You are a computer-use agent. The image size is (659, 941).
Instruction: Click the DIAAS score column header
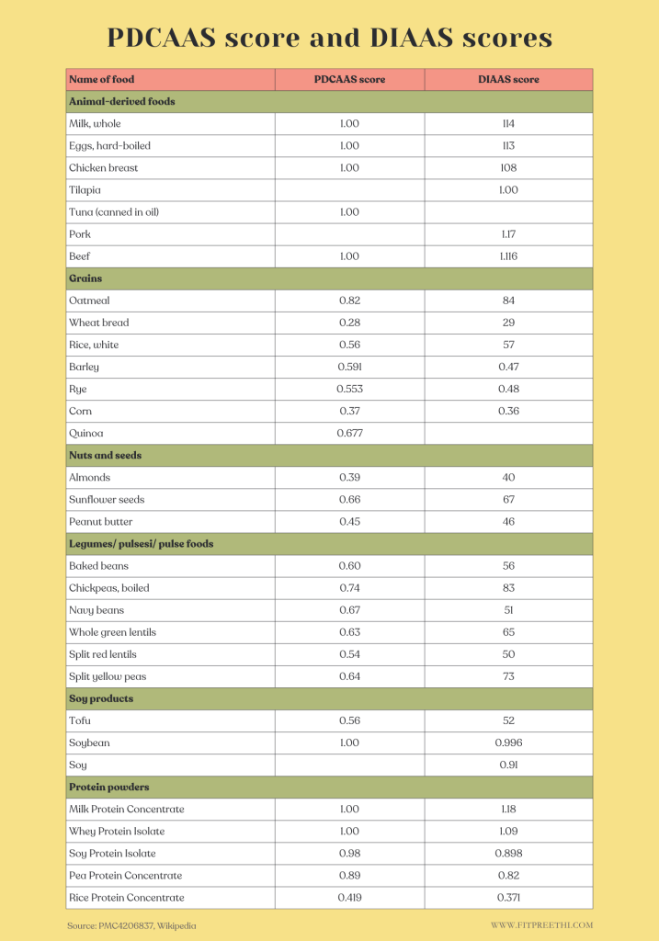[x=508, y=80]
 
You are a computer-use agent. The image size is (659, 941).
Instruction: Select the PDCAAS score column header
[x=349, y=80]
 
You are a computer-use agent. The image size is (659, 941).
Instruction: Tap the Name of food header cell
[x=101, y=80]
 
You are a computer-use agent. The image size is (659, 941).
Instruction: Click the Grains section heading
[x=85, y=278]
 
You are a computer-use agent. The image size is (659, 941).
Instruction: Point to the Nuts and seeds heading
[x=105, y=456]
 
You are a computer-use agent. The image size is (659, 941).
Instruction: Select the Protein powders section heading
[x=108, y=788]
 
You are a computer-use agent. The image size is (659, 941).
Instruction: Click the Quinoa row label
[x=85, y=434]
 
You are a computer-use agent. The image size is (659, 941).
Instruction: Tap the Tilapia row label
[x=85, y=190]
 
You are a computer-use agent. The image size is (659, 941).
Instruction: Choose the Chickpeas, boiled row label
[x=108, y=588]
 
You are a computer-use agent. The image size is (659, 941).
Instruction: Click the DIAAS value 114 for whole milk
[x=508, y=124]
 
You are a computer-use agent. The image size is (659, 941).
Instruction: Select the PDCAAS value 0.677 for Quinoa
[x=349, y=434]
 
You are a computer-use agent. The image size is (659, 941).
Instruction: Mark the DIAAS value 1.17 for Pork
[x=508, y=234]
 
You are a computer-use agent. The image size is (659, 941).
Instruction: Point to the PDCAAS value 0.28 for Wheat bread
[x=349, y=323]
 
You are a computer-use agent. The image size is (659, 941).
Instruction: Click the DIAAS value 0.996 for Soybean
[x=508, y=743]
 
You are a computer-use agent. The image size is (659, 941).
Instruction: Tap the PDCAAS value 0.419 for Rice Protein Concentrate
[x=349, y=898]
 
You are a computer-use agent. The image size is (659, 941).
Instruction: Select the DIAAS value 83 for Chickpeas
[x=508, y=588]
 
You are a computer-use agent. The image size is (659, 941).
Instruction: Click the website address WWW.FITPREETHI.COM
[x=541, y=925]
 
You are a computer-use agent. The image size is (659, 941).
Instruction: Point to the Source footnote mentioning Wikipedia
[x=131, y=925]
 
